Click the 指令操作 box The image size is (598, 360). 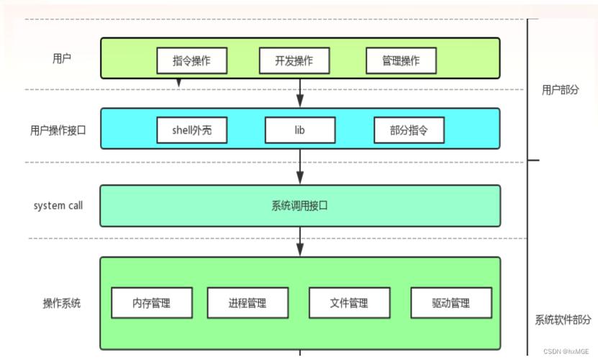[192, 60]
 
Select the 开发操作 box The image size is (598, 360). [294, 60]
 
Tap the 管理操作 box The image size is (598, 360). [401, 60]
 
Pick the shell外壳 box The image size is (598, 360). [192, 130]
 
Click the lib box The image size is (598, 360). [300, 130]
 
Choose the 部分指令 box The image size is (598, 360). [409, 130]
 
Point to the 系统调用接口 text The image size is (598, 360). [300, 206]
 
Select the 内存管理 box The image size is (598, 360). [152, 302]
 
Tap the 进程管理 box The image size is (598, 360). [248, 302]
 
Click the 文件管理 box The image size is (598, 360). [349, 302]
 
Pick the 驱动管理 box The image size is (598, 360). [451, 302]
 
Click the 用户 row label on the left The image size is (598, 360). [62, 58]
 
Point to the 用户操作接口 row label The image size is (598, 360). [58, 130]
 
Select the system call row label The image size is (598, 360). [58, 205]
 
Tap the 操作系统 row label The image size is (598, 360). [62, 303]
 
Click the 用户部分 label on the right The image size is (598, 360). [561, 90]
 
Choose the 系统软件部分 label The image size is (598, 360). [563, 320]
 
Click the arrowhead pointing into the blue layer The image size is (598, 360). [300, 101]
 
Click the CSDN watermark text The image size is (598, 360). [566, 351]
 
